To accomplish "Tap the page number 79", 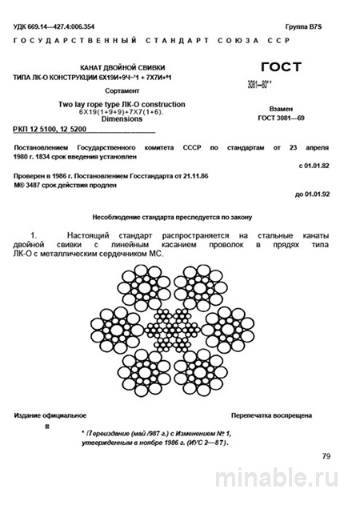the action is click(x=326, y=455).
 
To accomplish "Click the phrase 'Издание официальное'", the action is click(x=50, y=416).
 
